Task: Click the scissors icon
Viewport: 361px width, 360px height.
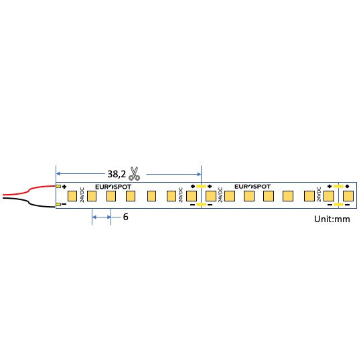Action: (134, 173)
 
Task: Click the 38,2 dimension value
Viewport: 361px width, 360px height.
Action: (117, 174)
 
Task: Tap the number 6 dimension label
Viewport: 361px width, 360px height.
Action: (125, 217)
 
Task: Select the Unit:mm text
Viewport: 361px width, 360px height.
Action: (332, 219)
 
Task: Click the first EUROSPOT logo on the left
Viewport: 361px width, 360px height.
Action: (113, 187)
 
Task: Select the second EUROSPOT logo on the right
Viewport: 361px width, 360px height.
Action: (252, 187)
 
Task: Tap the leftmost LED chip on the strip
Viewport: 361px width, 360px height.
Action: (72, 196)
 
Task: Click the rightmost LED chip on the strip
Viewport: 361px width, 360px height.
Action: (348, 196)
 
